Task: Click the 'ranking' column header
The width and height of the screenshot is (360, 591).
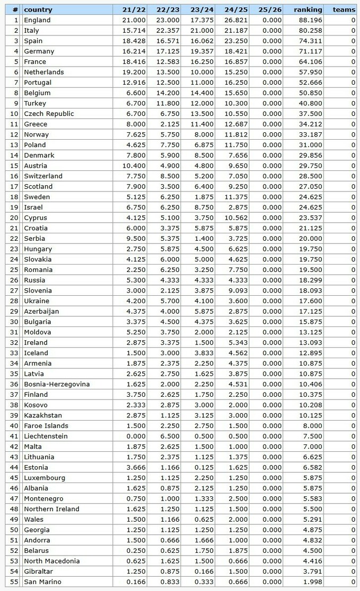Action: [308, 10]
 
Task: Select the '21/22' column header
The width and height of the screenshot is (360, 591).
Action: [130, 10]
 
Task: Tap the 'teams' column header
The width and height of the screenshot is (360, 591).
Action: [344, 10]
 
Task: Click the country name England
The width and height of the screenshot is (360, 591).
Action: [37, 20]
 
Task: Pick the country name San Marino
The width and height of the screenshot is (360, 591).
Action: [42, 582]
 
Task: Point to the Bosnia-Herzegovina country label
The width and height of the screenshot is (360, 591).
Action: [57, 384]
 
